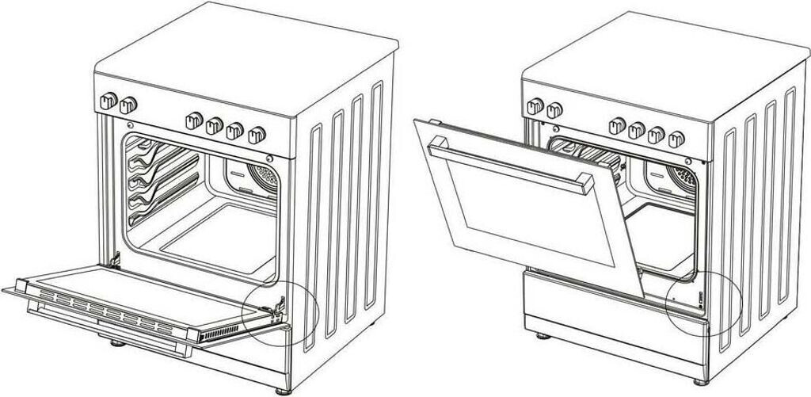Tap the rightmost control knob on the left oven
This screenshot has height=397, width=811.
(255, 134)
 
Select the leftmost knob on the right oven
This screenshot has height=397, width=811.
(536, 105)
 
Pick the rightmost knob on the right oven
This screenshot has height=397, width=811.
(676, 139)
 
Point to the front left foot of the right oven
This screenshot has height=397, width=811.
(542, 335)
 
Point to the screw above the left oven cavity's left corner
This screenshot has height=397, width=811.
(129, 124)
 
